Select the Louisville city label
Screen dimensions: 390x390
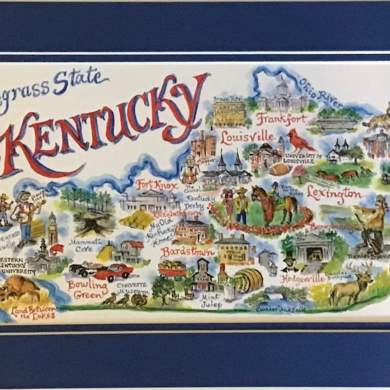click(x=247, y=136)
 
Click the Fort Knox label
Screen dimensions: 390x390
click(x=152, y=185)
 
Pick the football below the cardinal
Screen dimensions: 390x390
click(x=280, y=169)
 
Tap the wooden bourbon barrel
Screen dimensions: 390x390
click(x=248, y=280)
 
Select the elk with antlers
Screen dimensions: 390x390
click(x=351, y=285)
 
